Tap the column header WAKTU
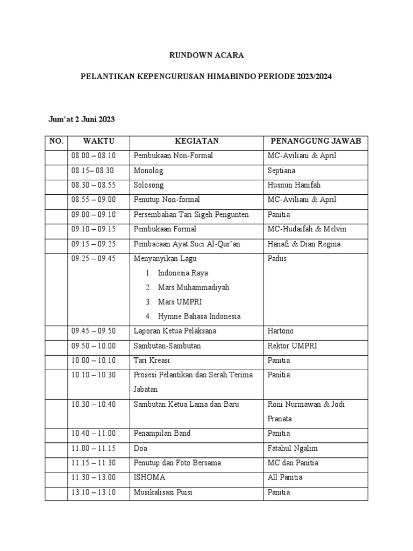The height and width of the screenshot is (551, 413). pos(98,142)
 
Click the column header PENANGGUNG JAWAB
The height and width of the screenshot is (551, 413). pos(315,142)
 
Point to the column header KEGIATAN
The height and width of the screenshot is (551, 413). pos(196,142)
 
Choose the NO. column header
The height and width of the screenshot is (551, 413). pos(56,142)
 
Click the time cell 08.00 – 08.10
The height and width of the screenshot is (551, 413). pos(94,156)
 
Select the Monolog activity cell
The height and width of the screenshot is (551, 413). pos(148,171)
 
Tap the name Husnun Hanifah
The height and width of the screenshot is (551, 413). pos(294,185)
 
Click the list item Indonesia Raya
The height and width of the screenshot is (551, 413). pos(183,273)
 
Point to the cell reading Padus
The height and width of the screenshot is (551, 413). pos(277,258)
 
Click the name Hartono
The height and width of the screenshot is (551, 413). pos(281,331)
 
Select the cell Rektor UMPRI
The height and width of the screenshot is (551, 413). pos(292,345)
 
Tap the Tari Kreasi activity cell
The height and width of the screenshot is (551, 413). pos(152,360)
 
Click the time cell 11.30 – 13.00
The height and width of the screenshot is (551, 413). pos(94,477)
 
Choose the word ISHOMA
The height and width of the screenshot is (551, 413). pos(149,477)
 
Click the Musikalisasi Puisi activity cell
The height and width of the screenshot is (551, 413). pos(163,492)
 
